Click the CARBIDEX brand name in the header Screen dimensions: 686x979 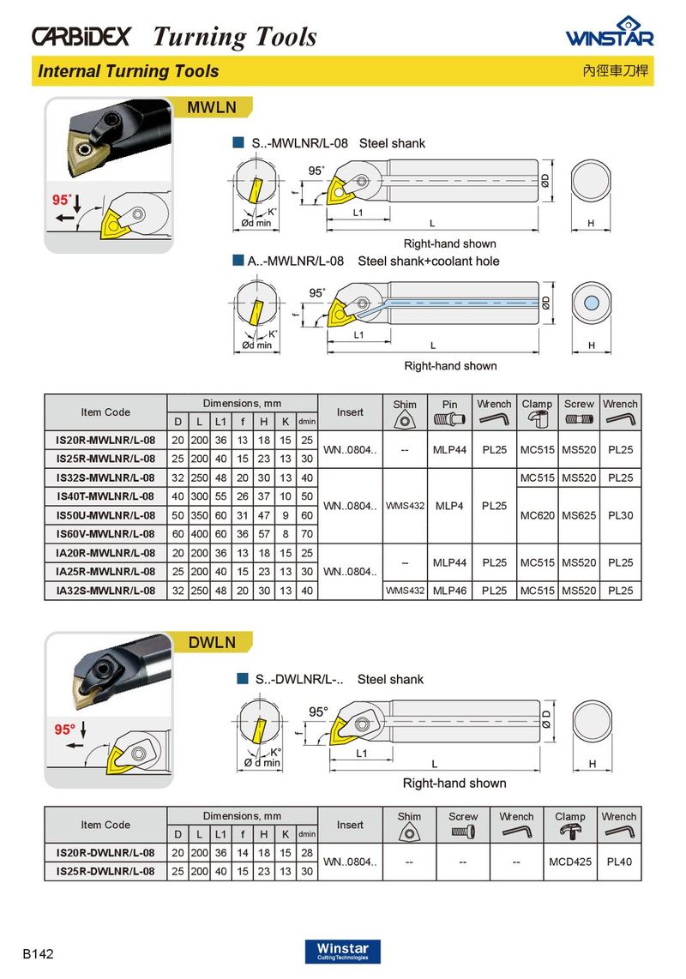pos(81,36)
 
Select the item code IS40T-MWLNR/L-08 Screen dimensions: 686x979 pos(105,496)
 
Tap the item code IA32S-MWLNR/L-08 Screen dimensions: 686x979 pos(105,590)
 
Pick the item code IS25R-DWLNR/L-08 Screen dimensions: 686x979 pos(105,871)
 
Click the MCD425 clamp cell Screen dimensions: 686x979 pos(570,862)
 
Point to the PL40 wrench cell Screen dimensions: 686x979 pos(619,862)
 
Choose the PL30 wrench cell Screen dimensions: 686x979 pos(620,515)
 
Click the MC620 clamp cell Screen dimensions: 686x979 pos(538,515)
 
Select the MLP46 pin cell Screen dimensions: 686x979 pos(450,590)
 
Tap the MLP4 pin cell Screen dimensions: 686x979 pos(449,506)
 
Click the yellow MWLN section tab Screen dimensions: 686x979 pos(213,107)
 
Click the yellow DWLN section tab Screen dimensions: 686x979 pos(213,642)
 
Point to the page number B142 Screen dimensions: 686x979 pos(38,953)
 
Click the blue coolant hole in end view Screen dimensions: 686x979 pos(591,303)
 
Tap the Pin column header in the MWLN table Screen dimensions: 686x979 pos(450,404)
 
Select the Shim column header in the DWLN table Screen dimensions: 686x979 pos(409,816)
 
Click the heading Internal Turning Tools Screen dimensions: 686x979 pos(128,71)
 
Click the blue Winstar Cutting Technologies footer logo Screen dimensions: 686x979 pos(342,952)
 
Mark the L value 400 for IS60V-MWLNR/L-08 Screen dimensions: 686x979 pos(199,534)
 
